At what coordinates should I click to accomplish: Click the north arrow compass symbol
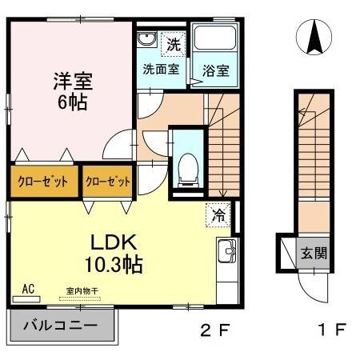coord(314,37)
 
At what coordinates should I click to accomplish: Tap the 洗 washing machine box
coord(174,45)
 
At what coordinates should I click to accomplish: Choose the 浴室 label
coord(215,70)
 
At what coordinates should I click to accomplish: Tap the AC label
coord(28,289)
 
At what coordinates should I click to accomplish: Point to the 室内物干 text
coord(80,293)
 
